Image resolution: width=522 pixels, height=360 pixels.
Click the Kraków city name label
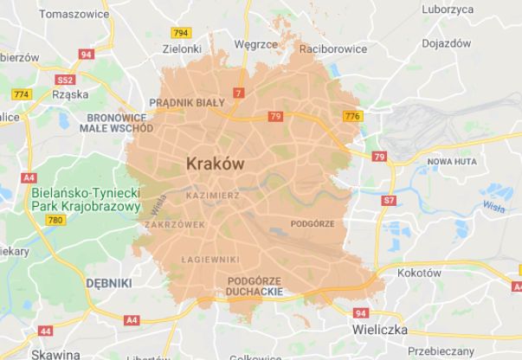pos(215,163)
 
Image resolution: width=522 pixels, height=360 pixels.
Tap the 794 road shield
pos(181,33)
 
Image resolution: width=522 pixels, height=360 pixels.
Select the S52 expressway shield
pos(65,80)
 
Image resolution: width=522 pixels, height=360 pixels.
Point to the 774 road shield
pos(21,93)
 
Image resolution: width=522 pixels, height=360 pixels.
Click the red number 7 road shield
pos(238,93)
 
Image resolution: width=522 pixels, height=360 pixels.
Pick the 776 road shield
pos(351,116)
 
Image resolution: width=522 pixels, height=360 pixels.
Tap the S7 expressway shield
pos(389,200)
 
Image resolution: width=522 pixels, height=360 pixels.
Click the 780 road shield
pos(56,221)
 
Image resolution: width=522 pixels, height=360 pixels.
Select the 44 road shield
pos(45,331)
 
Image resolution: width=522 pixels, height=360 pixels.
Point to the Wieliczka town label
pos(380,330)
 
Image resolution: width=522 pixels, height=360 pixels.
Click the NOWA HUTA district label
pos(452,162)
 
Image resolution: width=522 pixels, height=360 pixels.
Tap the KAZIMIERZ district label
pos(213,196)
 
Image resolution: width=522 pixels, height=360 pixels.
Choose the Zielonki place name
pos(182,49)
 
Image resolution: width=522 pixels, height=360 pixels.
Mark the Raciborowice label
pos(332,49)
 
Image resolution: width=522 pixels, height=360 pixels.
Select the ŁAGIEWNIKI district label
pos(210,259)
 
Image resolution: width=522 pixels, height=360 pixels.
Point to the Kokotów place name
pos(419,273)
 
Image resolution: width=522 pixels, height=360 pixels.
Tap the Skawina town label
pos(55,354)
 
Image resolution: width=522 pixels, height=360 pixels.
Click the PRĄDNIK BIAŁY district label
pos(187,102)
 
